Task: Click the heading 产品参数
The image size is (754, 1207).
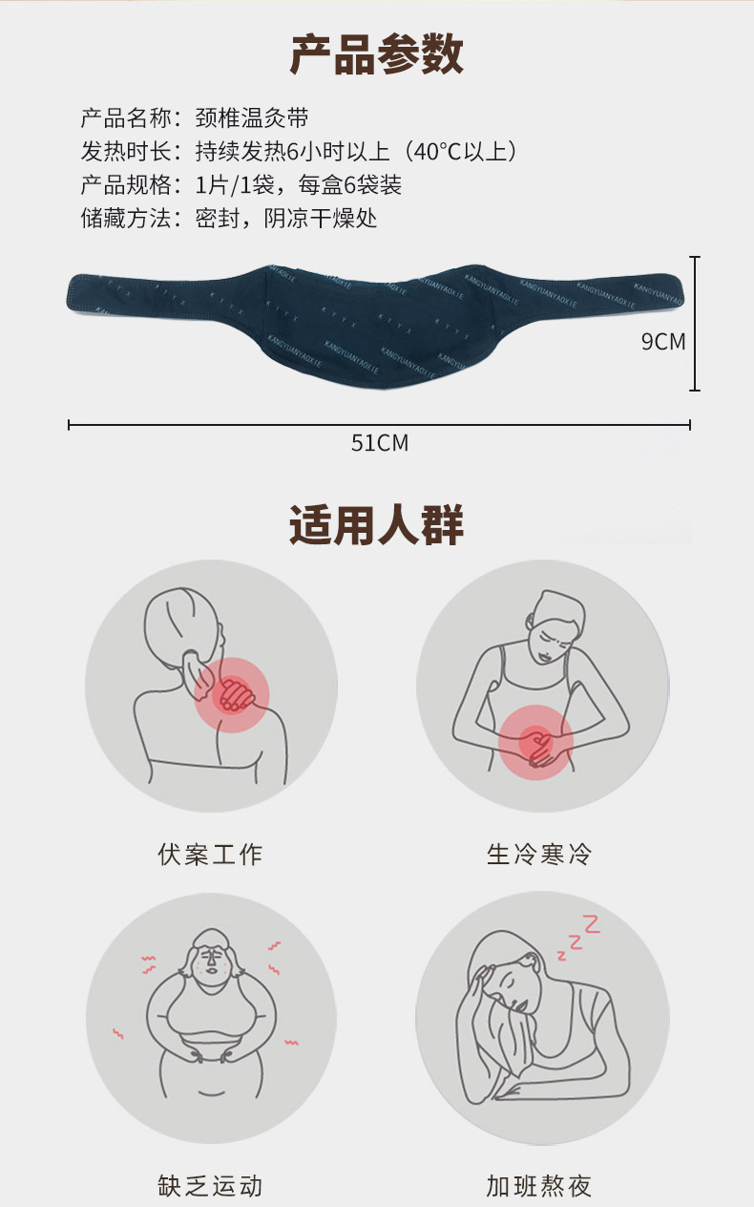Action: pyautogui.click(x=376, y=53)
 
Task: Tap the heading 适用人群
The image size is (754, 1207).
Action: pyautogui.click(x=376, y=525)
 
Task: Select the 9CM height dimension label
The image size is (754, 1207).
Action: pyautogui.click(x=663, y=342)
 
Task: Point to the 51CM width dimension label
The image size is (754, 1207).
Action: pyautogui.click(x=380, y=443)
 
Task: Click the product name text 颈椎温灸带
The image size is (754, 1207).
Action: pyautogui.click(x=252, y=118)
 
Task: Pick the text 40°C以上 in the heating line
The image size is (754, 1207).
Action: pyautogui.click(x=460, y=152)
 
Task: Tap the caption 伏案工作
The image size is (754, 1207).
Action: pyautogui.click(x=210, y=854)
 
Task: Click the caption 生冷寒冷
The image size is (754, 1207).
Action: pyautogui.click(x=539, y=854)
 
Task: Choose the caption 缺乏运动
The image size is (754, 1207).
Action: pyautogui.click(x=210, y=1185)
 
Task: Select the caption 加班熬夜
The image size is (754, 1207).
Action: pyautogui.click(x=539, y=1185)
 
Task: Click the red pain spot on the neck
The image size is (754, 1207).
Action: pyautogui.click(x=232, y=695)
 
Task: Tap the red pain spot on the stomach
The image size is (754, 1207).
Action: pyautogui.click(x=535, y=743)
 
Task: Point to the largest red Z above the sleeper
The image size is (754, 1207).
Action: pyautogui.click(x=592, y=924)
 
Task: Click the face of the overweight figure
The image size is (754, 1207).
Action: pyautogui.click(x=212, y=963)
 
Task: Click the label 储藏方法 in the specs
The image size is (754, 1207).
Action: pyautogui.click(x=125, y=219)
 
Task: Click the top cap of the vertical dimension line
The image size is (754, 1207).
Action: pyautogui.click(x=695, y=258)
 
